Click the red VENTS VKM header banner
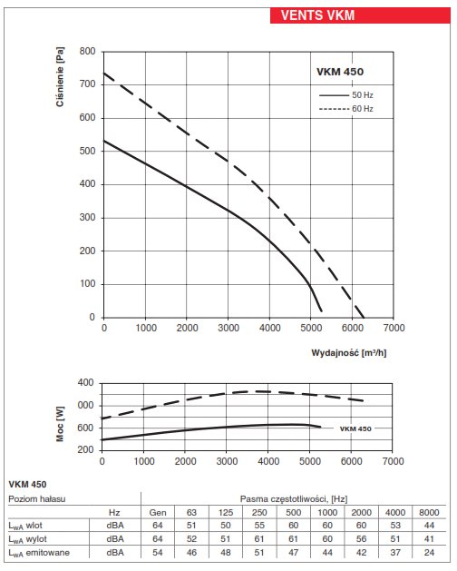(360, 15)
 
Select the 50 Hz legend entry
(346, 95)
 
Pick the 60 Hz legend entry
(346, 109)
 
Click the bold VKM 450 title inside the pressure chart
(340, 72)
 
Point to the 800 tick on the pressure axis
(87, 52)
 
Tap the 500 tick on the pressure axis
(87, 151)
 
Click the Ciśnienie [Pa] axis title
(60, 76)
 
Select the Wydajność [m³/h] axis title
(348, 352)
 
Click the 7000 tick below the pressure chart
(394, 328)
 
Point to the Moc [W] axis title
(60, 424)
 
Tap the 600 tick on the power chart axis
(85, 428)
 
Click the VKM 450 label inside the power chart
(355, 428)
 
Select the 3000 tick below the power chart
(227, 461)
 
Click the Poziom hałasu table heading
(37, 498)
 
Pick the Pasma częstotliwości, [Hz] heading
(294, 499)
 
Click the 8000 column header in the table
(429, 512)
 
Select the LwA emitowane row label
(39, 553)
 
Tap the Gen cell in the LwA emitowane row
(158, 553)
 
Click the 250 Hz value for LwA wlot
(259, 525)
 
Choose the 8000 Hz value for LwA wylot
(429, 538)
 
